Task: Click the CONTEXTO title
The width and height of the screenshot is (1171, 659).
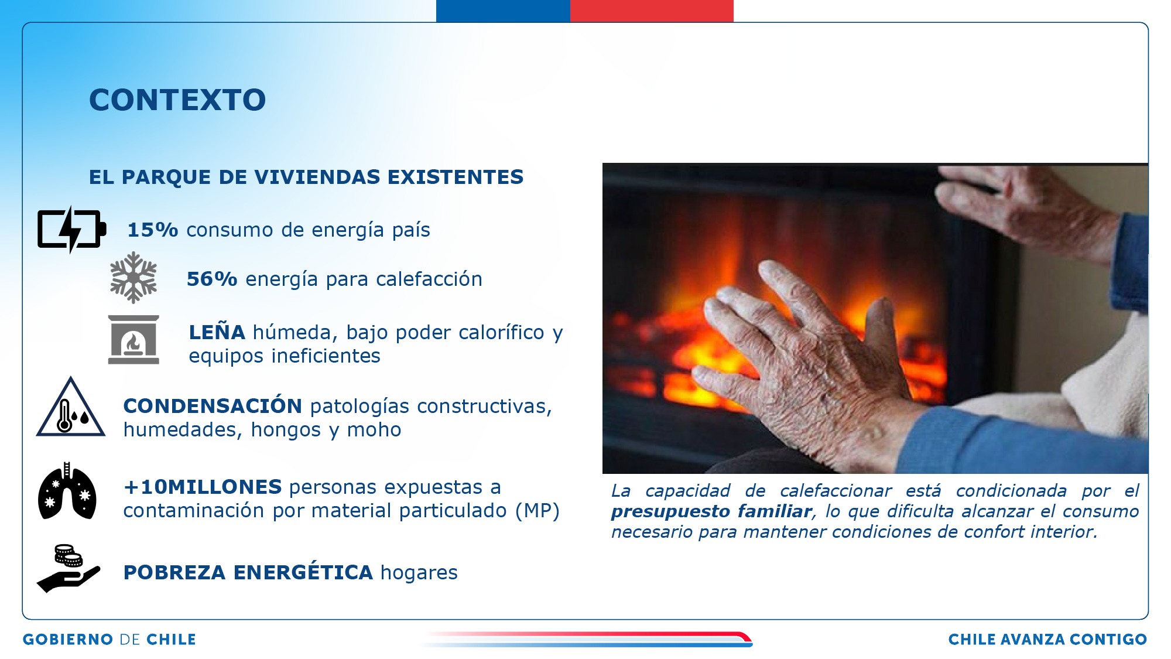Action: pos(177,100)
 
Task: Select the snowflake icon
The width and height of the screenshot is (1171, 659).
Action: pos(133,278)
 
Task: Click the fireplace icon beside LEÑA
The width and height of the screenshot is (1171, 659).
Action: pos(133,340)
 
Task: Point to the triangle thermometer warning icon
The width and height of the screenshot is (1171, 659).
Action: pos(71,407)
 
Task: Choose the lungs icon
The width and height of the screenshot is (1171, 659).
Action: pos(67,491)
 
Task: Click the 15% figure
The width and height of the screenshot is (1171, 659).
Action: pos(152,230)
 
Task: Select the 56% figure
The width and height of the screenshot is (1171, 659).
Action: pos(212,279)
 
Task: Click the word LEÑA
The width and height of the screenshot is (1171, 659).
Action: pos(217,332)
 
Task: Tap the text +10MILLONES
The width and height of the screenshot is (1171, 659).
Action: pos(203,487)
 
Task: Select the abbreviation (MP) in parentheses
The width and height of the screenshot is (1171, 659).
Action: pos(537,510)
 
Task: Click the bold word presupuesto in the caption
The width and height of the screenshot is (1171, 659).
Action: pos(671,512)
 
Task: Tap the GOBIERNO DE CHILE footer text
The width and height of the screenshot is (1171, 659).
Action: pos(109,639)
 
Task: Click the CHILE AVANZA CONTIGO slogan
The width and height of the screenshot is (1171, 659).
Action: pos(1047,639)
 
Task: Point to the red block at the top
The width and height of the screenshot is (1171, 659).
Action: pos(652,11)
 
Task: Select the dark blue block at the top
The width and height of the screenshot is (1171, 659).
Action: pos(503,11)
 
